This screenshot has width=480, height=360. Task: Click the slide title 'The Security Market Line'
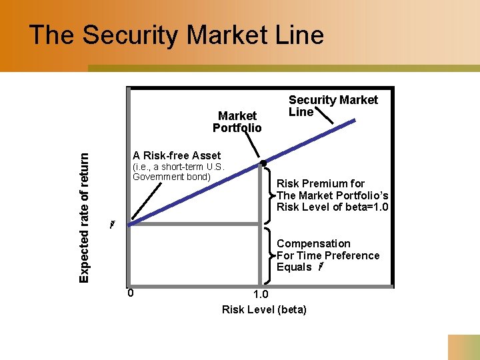[x=177, y=35]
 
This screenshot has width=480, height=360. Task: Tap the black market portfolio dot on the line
[x=263, y=163]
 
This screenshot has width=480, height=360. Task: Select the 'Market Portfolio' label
[x=237, y=121]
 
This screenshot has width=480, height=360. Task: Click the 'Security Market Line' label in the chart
[x=333, y=105]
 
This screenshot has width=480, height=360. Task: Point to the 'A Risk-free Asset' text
[x=177, y=155]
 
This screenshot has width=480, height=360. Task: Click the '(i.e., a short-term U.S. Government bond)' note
[x=177, y=171]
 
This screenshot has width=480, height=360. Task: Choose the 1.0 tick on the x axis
[x=262, y=295]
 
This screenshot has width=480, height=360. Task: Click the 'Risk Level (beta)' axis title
[x=264, y=309]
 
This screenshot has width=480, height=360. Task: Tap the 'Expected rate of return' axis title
[x=84, y=217]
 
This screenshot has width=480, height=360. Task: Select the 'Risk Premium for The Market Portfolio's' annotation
[x=332, y=189]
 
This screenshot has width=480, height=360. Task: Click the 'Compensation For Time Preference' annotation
[x=327, y=250]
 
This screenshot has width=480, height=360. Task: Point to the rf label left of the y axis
[x=113, y=224]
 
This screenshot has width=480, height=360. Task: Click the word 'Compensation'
[x=313, y=244]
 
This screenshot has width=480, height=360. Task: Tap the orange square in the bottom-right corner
[x=463, y=347]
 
